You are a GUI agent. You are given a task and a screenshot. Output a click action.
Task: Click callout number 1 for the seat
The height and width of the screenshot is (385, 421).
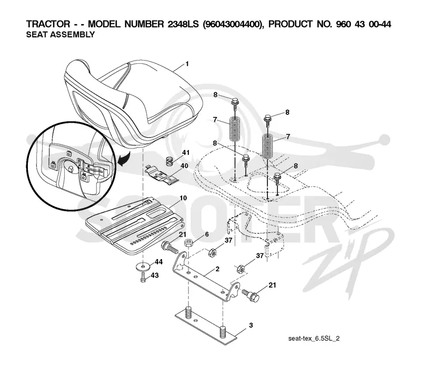pyautogui.click(x=187, y=64)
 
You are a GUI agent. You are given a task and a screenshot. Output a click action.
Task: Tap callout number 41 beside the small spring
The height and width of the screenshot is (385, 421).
pyautogui.click(x=186, y=153)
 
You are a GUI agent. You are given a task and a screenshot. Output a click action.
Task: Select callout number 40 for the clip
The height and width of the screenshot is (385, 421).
pyautogui.click(x=184, y=166)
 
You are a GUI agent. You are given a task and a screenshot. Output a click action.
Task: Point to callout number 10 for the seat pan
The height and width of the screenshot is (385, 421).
pyautogui.click(x=183, y=198)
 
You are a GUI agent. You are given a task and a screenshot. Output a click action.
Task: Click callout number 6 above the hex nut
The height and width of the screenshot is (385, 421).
pyautogui.click(x=207, y=234)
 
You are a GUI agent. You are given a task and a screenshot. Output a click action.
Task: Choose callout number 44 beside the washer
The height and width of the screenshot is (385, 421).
pyautogui.click(x=159, y=262)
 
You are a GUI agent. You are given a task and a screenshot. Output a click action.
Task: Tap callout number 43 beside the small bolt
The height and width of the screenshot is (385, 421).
pyautogui.click(x=155, y=275)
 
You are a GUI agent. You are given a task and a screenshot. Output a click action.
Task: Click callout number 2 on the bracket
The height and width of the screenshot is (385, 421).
pyautogui.click(x=217, y=269)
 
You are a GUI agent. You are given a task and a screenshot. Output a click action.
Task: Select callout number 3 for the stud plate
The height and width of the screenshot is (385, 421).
pyautogui.click(x=251, y=325)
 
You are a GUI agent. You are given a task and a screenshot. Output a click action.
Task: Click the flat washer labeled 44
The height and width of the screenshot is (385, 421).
pyautogui.click(x=143, y=267)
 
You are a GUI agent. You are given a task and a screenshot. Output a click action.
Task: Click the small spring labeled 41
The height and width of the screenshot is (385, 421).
pyautogui.click(x=169, y=161)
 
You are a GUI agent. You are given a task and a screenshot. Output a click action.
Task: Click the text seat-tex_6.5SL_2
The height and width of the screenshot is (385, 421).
pyautogui.click(x=314, y=339)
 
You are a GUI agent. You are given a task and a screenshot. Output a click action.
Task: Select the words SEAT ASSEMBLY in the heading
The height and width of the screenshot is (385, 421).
pyautogui.click(x=61, y=35)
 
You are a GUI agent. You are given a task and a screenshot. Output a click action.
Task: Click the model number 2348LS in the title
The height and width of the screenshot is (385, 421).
pyautogui.click(x=183, y=24)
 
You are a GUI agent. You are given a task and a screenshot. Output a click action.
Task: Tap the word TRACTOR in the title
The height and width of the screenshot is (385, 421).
pyautogui.click(x=48, y=24)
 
